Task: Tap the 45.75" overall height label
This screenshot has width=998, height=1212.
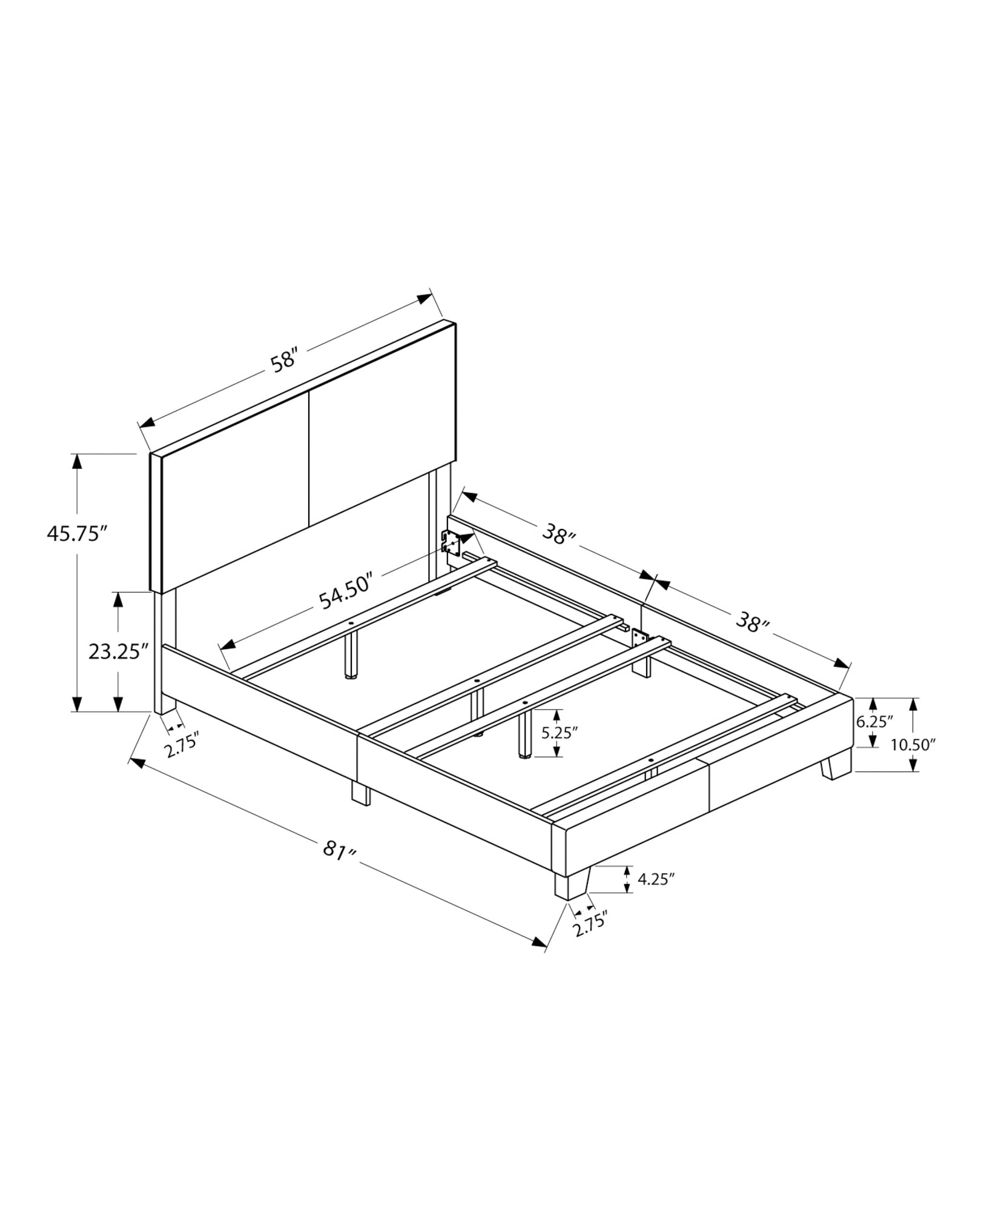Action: [77, 534]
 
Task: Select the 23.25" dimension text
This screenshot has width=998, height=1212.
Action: [119, 652]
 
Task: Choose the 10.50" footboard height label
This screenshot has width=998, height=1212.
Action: [913, 745]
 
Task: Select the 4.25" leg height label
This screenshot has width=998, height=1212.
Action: [655, 879]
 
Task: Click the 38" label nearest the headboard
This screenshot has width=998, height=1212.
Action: [558, 535]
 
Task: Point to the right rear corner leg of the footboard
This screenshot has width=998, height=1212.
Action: [836, 765]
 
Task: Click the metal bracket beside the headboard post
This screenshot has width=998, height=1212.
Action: [449, 541]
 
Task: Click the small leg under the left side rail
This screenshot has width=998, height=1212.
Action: [360, 793]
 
